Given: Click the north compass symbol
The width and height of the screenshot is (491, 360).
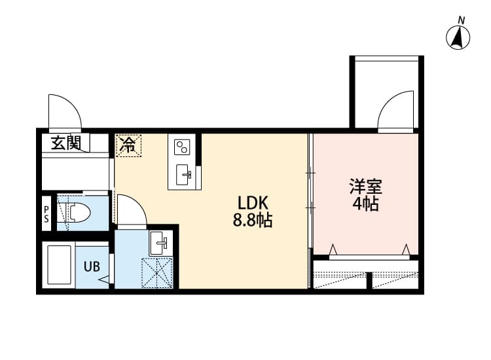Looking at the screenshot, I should pos(458,37).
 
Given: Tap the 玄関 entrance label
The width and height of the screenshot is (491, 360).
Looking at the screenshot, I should pos(66,143).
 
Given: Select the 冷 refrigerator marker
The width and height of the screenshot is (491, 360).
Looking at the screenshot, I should pos(129,145).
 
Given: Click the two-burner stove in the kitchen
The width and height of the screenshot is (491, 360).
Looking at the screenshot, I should pos(182,145).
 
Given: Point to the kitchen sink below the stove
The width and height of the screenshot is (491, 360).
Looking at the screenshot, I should pos(185,174).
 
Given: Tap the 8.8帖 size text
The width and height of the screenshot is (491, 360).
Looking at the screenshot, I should pos(253,221).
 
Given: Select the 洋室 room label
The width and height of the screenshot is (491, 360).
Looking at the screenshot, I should pos(365,186).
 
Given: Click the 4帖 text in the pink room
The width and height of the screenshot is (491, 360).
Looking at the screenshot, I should pos(365,204).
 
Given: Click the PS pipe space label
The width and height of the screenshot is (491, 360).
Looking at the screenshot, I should pos(46,214).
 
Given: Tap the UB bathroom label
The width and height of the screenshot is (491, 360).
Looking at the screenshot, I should pos(91,266).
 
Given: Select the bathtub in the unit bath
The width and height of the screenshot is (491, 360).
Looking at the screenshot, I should pos(59,265).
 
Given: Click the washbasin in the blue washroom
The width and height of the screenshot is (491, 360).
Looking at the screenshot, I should pos(159,243).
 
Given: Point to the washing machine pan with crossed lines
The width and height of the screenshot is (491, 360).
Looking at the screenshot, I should pos(157,272).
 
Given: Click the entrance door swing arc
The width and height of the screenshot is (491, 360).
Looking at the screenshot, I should pos(66,111).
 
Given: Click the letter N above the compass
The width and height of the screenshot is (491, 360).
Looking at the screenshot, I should pos(462,20).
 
